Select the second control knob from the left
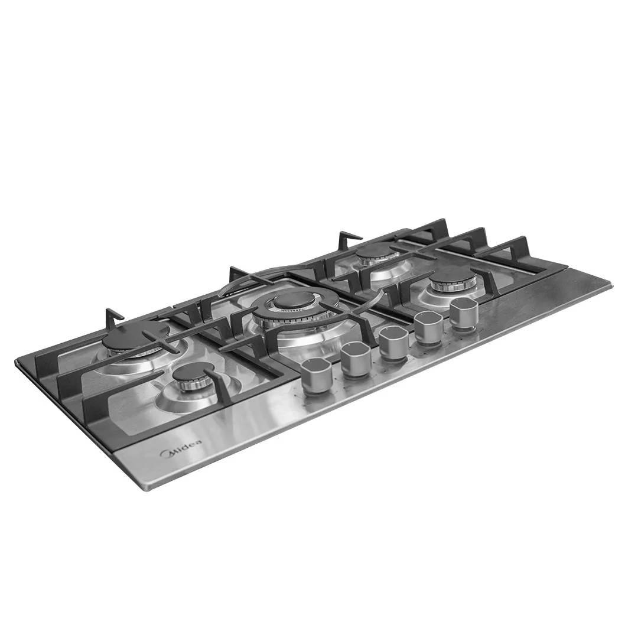(356, 360)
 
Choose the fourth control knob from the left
(429, 328)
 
